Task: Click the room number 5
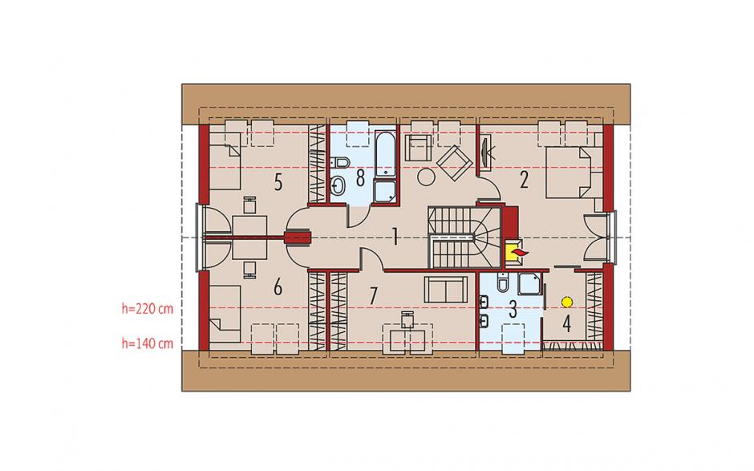tap(278, 183)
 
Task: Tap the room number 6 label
tap(278, 287)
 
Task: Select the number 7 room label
tap(373, 295)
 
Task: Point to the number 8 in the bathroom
tap(360, 178)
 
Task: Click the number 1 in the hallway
tap(395, 237)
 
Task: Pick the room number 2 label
tap(524, 180)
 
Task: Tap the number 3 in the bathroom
tap(513, 310)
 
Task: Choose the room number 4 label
tap(567, 324)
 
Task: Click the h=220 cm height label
tap(147, 308)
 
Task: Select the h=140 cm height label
tap(147, 343)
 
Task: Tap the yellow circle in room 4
tap(567, 302)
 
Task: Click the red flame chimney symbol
tap(517, 251)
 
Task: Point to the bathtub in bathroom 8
tap(386, 153)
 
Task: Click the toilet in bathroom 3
tap(502, 283)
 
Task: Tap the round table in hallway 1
tap(426, 176)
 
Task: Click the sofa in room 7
tap(446, 290)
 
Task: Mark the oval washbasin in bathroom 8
tap(338, 185)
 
